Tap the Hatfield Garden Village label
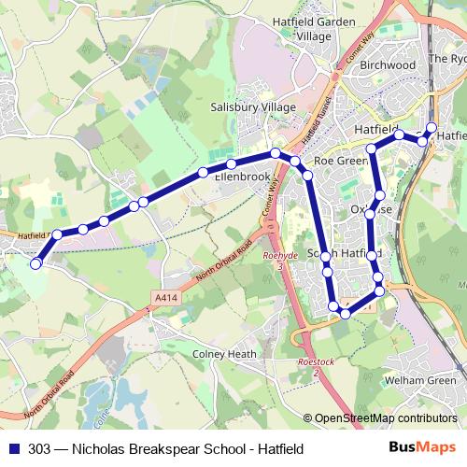click(x=313, y=28)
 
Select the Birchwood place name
click(x=387, y=65)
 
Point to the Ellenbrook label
click(x=242, y=176)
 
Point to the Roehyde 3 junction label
click(x=279, y=261)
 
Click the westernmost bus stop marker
click(x=36, y=264)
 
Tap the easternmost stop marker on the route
click(x=431, y=128)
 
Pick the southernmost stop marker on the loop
click(x=346, y=314)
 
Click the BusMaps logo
click(x=429, y=448)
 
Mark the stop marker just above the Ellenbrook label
click(x=231, y=163)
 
